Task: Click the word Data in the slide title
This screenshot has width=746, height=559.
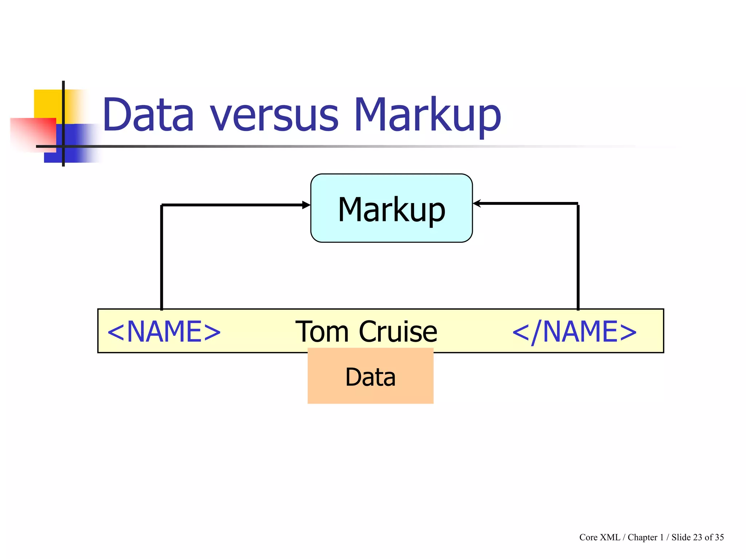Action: tap(148, 114)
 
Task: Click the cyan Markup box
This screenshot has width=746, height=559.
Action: tap(391, 208)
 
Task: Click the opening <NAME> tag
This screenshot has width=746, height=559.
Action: tap(164, 332)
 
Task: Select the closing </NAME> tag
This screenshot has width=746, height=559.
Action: tap(574, 332)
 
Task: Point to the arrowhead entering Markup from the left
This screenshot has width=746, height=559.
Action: tap(306, 205)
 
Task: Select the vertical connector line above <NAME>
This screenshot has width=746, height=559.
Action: tap(161, 257)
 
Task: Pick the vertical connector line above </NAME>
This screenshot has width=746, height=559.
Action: tap(578, 257)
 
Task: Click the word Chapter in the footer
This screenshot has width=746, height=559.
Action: tap(643, 537)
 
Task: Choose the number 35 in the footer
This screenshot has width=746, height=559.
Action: tap(719, 537)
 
